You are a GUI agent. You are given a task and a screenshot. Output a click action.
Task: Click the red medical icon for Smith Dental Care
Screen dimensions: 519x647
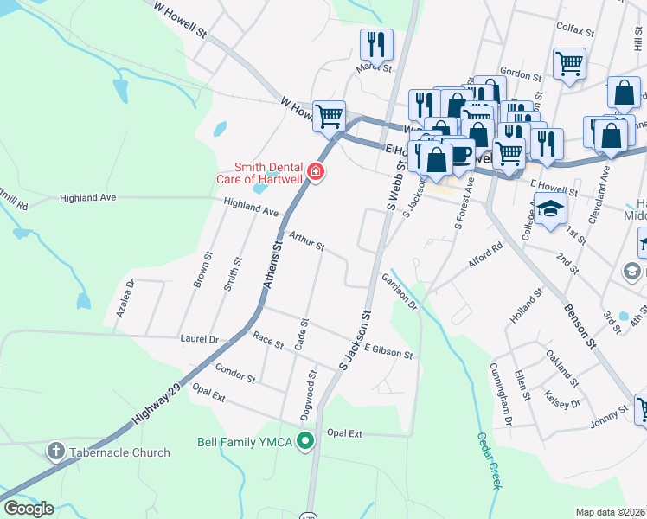click(x=316, y=172)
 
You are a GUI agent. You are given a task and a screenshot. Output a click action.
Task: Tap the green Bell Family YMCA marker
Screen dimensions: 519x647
click(x=304, y=442)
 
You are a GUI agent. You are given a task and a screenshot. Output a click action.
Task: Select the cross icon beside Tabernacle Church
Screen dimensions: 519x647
click(x=55, y=452)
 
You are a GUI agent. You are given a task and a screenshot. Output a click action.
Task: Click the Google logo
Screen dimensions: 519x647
click(x=28, y=509)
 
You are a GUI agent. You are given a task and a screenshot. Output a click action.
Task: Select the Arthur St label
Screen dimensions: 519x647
click(x=306, y=240)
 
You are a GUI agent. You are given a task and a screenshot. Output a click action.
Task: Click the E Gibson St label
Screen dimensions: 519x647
click(x=388, y=350)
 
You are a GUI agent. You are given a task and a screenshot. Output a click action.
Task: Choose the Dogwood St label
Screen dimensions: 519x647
click(x=306, y=396)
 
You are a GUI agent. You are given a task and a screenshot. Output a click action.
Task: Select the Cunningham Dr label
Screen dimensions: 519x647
click(x=501, y=393)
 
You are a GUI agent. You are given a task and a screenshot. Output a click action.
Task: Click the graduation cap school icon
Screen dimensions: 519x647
click(x=550, y=209)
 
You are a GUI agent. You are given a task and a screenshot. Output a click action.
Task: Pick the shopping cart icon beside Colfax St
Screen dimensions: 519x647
click(x=569, y=62)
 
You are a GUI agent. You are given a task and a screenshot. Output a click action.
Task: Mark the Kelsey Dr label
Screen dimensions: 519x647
click(x=562, y=390)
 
